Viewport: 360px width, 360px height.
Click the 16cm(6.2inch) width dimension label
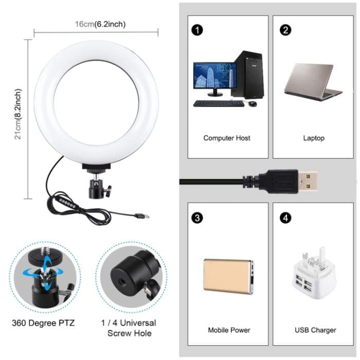tap(100, 24)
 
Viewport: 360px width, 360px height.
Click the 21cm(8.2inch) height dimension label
tap(19, 114)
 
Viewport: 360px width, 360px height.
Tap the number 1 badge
tap(196, 30)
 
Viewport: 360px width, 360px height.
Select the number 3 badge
tap(196, 218)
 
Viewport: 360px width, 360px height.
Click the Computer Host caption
tap(227, 138)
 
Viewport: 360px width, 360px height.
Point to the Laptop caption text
tap(314, 138)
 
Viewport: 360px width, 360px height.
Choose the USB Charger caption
tap(315, 330)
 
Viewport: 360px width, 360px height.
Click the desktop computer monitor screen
tap(214, 76)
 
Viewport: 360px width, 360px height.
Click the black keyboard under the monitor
tap(219, 103)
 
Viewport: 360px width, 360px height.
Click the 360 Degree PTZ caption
tap(43, 323)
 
